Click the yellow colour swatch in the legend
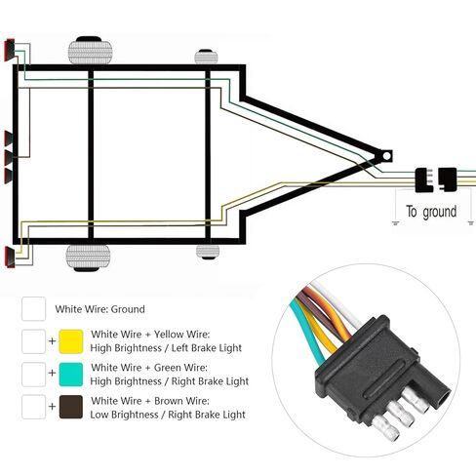[x=71, y=341]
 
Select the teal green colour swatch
[x=71, y=375]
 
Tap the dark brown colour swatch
[x=71, y=407]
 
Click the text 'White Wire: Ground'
[x=99, y=309]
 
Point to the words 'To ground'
[x=431, y=212]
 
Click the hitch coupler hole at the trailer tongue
[x=386, y=156]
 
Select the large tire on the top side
[x=90, y=51]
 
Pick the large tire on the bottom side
[x=88, y=258]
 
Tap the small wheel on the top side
[x=206, y=57]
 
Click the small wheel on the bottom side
[x=208, y=252]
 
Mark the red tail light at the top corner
[x=10, y=50]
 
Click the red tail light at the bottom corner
[x=10, y=258]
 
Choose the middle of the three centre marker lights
[x=9, y=157]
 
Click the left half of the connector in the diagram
[x=424, y=179]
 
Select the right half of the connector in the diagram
[x=448, y=179]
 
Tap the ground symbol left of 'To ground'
[x=395, y=223]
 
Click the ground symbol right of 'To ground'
[x=470, y=223]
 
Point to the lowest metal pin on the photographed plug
[x=385, y=428]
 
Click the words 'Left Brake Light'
[x=206, y=348]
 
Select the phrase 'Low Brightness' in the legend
[x=124, y=415]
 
